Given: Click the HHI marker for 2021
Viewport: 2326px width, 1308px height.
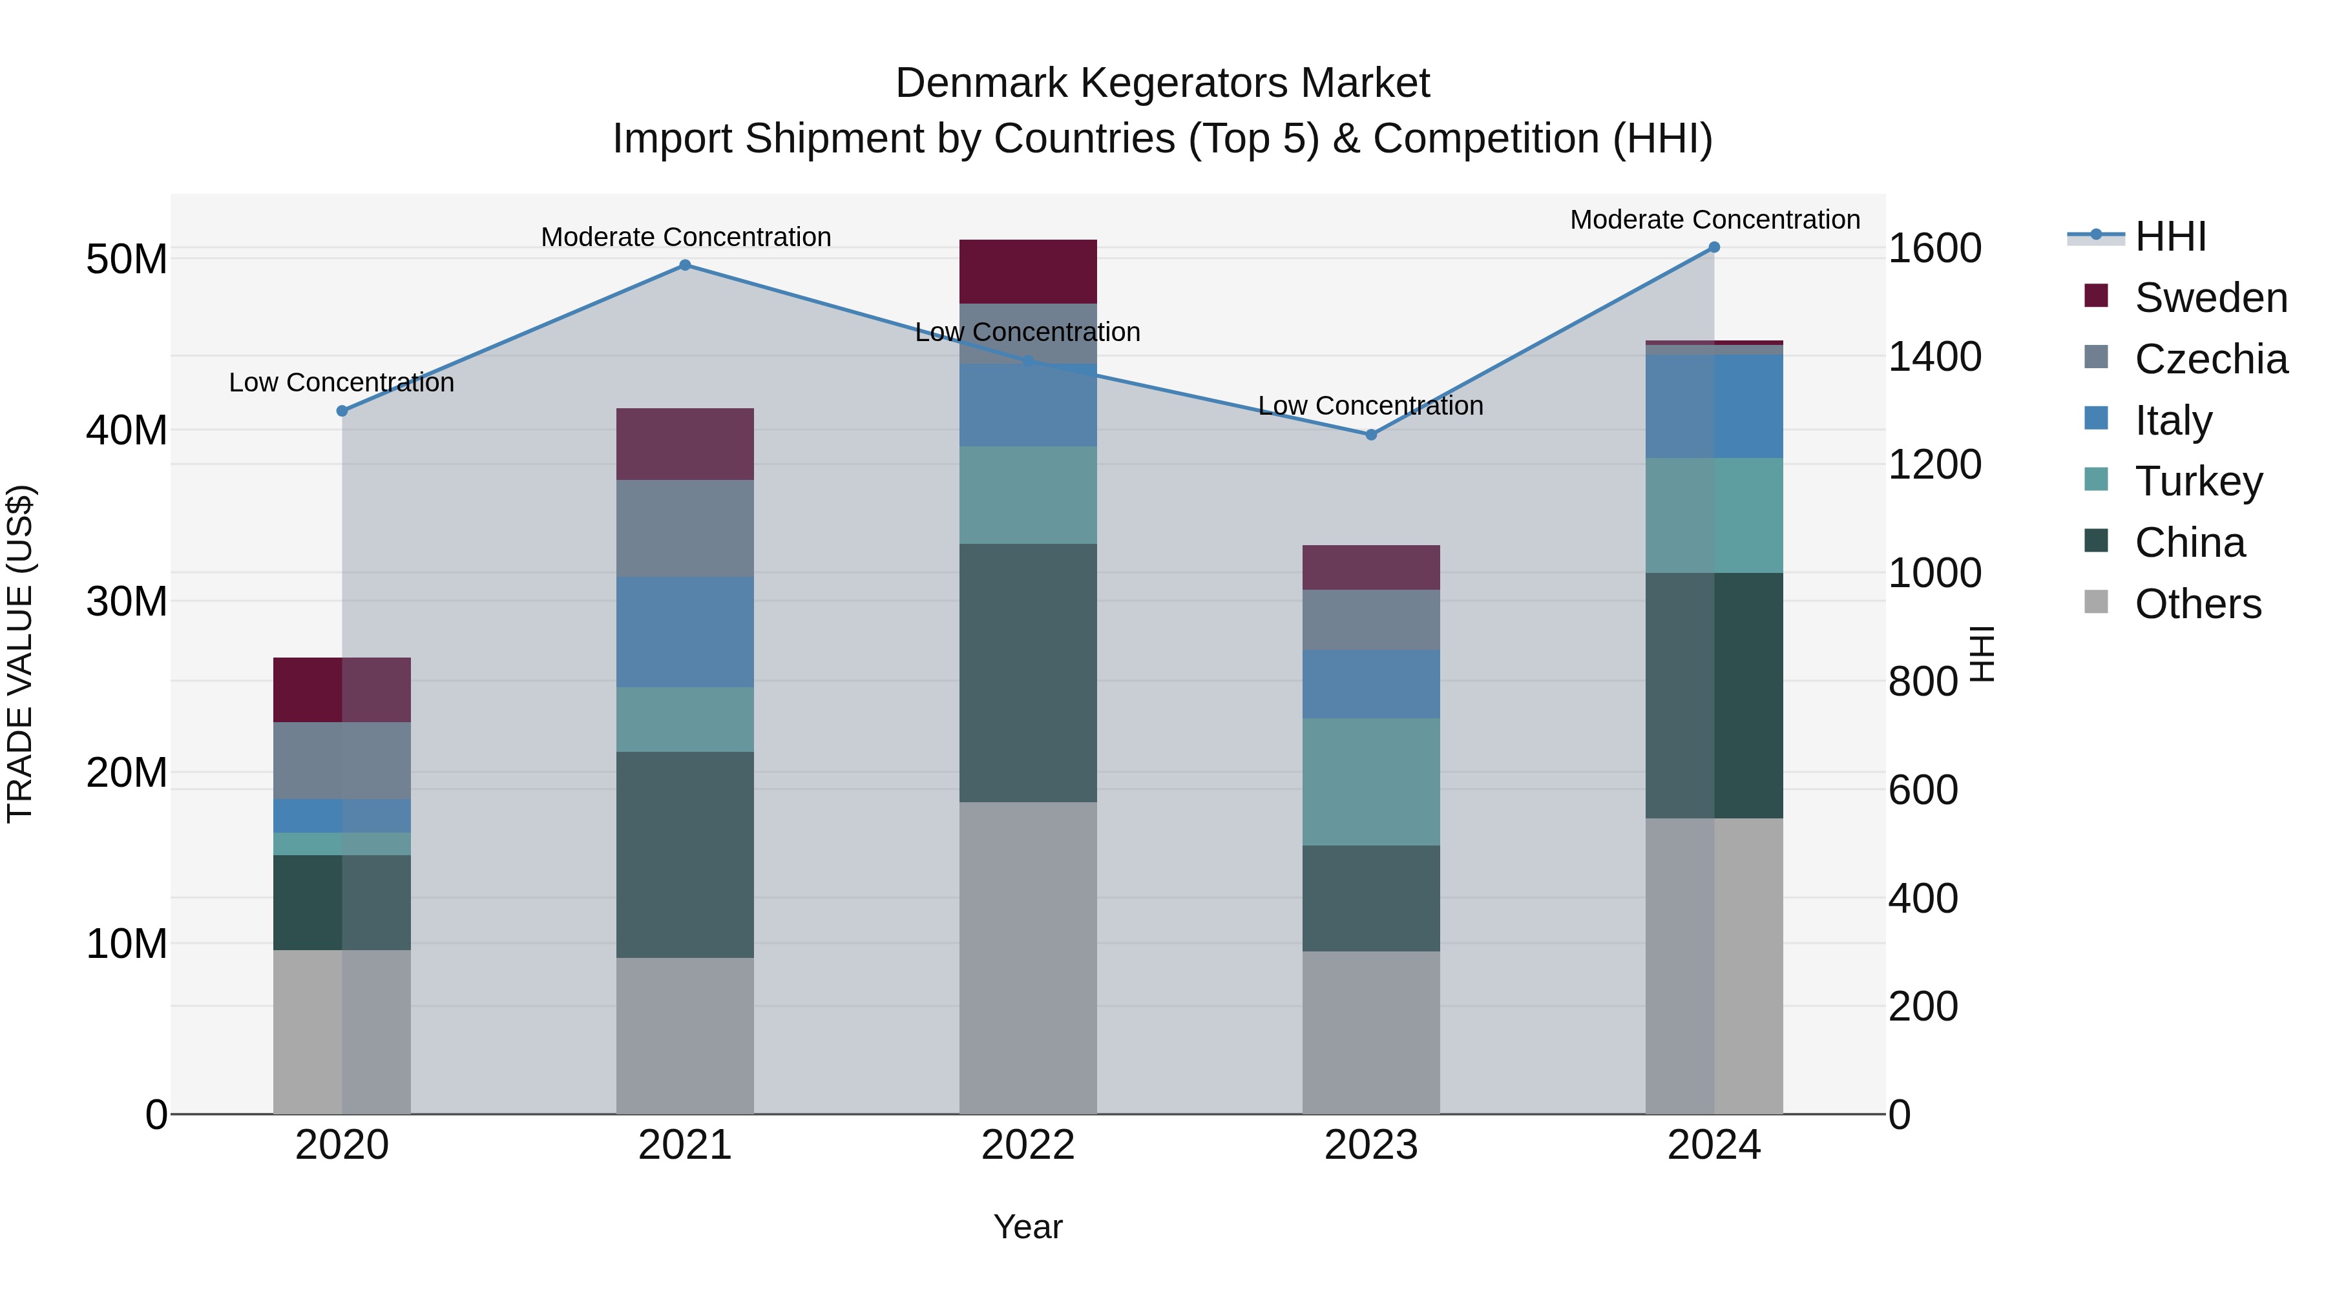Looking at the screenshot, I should click(684, 265).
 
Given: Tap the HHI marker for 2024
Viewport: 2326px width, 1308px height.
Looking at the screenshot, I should click(1713, 247).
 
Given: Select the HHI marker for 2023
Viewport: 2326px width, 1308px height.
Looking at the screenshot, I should click(1370, 435).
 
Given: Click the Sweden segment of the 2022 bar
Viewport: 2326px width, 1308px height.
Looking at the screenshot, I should click(1027, 271).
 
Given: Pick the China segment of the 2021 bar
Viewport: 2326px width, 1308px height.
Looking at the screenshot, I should click(684, 854).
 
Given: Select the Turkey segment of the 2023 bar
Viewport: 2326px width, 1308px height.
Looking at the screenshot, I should click(1370, 782).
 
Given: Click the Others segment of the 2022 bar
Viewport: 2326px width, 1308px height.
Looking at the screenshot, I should click(1027, 957).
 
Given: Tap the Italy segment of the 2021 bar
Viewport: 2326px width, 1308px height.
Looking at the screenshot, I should click(684, 632).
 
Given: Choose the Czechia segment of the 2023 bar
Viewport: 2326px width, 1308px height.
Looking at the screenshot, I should click(1370, 619).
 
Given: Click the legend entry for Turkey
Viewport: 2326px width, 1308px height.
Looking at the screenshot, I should click(2198, 481).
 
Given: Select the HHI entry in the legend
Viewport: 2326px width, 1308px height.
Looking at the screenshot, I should click(2169, 236).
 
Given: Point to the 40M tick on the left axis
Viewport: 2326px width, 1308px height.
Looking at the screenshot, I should click(127, 431).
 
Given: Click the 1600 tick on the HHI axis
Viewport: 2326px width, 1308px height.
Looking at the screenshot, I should click(1934, 248).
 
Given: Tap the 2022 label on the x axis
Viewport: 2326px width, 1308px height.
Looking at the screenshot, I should click(1027, 1145).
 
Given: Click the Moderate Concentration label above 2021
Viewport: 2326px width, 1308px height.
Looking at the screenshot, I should click(686, 238).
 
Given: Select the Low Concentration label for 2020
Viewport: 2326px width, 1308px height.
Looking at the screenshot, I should click(341, 383).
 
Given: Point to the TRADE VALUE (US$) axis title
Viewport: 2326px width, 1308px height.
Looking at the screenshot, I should click(20, 654).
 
